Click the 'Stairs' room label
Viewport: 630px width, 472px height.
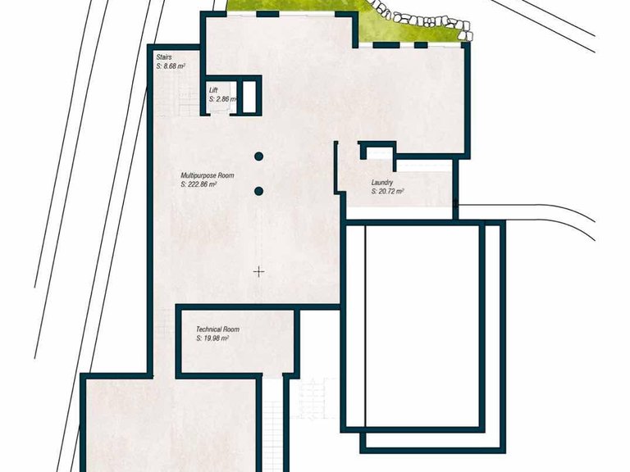click(x=164, y=57)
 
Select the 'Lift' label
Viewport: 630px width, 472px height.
click(x=213, y=90)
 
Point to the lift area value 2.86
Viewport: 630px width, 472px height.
click(x=222, y=98)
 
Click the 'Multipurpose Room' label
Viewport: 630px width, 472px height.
click(x=208, y=175)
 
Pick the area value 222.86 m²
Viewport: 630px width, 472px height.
click(x=199, y=184)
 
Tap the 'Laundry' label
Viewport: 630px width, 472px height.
click(x=382, y=183)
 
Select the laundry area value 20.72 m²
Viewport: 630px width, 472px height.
click(x=387, y=192)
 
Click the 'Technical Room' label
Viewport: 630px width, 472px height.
click(x=217, y=329)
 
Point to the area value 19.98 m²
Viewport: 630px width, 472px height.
click(x=212, y=338)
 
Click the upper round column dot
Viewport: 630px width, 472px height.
click(x=258, y=157)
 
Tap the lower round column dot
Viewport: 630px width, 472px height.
click(x=258, y=191)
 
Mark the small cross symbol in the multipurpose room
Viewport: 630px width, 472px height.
click(x=259, y=272)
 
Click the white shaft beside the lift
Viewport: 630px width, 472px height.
click(x=249, y=98)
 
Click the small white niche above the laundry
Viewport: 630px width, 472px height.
click(x=379, y=153)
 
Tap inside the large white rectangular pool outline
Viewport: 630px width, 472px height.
click(x=422, y=326)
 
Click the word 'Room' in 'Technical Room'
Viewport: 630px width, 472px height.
click(x=231, y=329)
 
